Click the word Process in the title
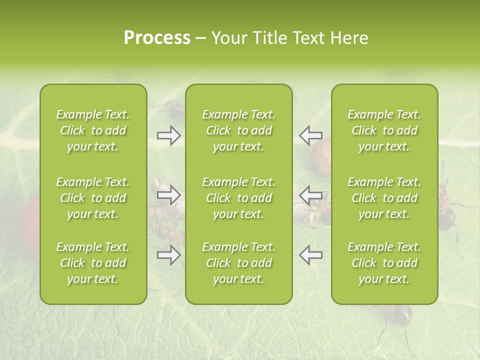point(157,37)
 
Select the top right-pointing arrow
point(168,135)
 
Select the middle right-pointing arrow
point(168,194)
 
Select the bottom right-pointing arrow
point(168,255)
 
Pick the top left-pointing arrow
point(310,135)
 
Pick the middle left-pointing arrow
point(310,194)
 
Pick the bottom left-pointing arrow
point(310,255)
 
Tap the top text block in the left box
point(93,130)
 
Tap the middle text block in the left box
point(93,198)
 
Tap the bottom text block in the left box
point(93,263)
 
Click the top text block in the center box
point(238,130)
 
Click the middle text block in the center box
point(238,198)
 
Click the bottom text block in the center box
point(238,263)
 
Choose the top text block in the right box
point(384,130)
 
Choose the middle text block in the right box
point(384,198)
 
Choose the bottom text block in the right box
point(384,263)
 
